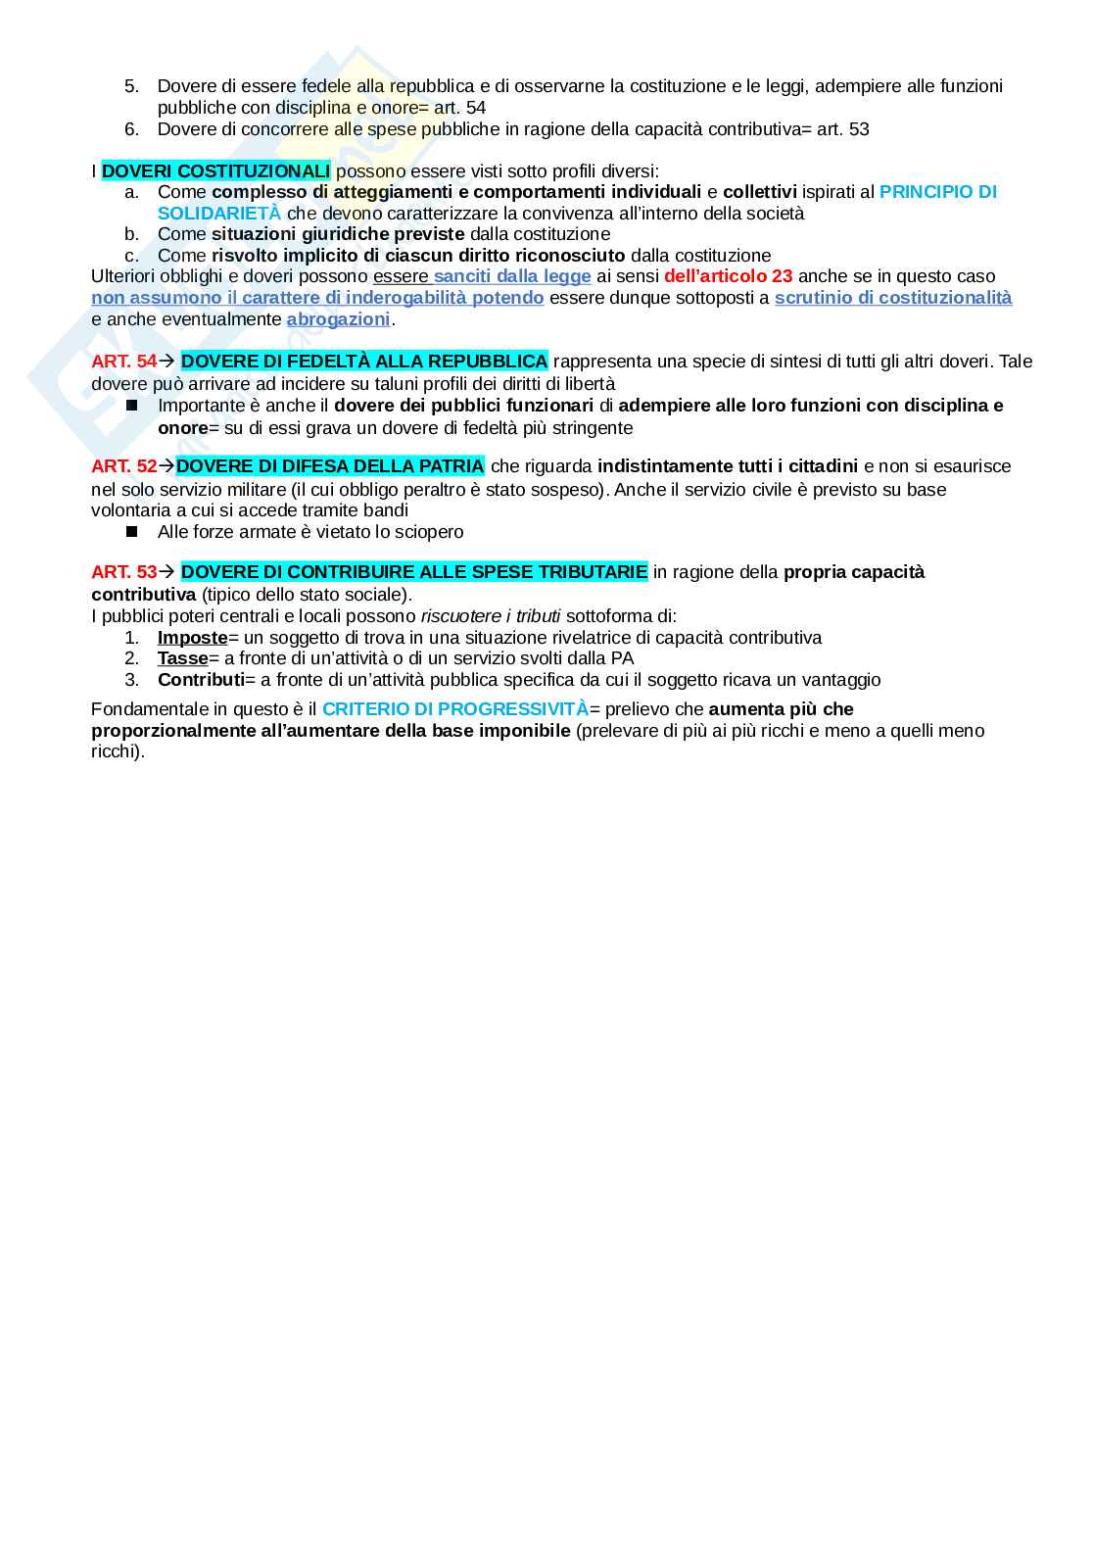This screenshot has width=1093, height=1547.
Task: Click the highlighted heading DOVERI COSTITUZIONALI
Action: (215, 170)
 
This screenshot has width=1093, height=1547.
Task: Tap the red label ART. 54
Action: (123, 362)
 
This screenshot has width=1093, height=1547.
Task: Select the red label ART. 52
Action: (123, 466)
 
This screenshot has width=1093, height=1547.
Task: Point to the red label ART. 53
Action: (123, 572)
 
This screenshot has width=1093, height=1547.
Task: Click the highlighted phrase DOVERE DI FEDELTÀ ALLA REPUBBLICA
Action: (364, 362)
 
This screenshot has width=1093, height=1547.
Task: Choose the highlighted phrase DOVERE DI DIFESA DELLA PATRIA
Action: (330, 466)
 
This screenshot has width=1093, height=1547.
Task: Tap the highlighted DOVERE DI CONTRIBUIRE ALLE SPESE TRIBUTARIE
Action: (414, 572)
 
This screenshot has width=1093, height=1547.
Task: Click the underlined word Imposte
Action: (192, 638)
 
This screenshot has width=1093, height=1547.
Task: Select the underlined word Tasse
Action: (182, 658)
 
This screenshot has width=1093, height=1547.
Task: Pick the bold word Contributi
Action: (201, 680)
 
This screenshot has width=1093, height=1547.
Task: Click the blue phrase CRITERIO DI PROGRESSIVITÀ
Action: (455, 709)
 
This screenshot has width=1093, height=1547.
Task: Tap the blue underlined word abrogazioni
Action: (338, 319)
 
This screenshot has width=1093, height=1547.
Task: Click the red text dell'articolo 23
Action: (728, 276)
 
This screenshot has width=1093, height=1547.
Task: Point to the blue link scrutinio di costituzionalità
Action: (892, 298)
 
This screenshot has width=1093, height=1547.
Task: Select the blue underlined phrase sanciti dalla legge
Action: (512, 276)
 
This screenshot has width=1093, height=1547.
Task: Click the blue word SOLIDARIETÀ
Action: (218, 214)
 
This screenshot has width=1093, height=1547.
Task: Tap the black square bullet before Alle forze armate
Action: (132, 532)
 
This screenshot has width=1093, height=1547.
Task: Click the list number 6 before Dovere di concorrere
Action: (131, 129)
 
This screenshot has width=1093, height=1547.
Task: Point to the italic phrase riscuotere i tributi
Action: (491, 616)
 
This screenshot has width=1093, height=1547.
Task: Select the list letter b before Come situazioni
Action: (131, 234)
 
